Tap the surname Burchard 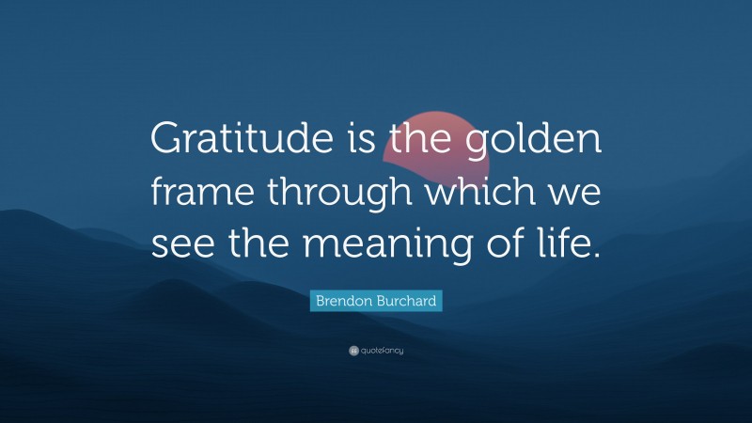point(407,302)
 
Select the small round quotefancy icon point(353,351)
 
